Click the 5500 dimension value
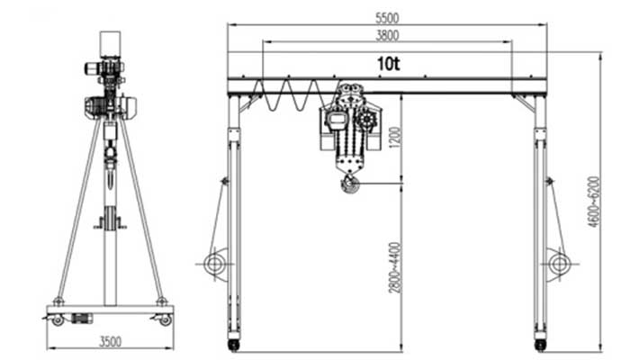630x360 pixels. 387,18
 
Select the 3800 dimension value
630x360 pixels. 387,35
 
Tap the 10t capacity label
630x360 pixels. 388,64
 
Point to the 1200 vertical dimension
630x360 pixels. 395,138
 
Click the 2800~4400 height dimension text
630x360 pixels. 395,267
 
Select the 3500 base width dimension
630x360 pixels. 110,342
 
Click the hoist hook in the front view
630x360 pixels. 349,184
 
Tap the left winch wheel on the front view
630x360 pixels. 214,264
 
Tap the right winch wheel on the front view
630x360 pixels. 559,264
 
